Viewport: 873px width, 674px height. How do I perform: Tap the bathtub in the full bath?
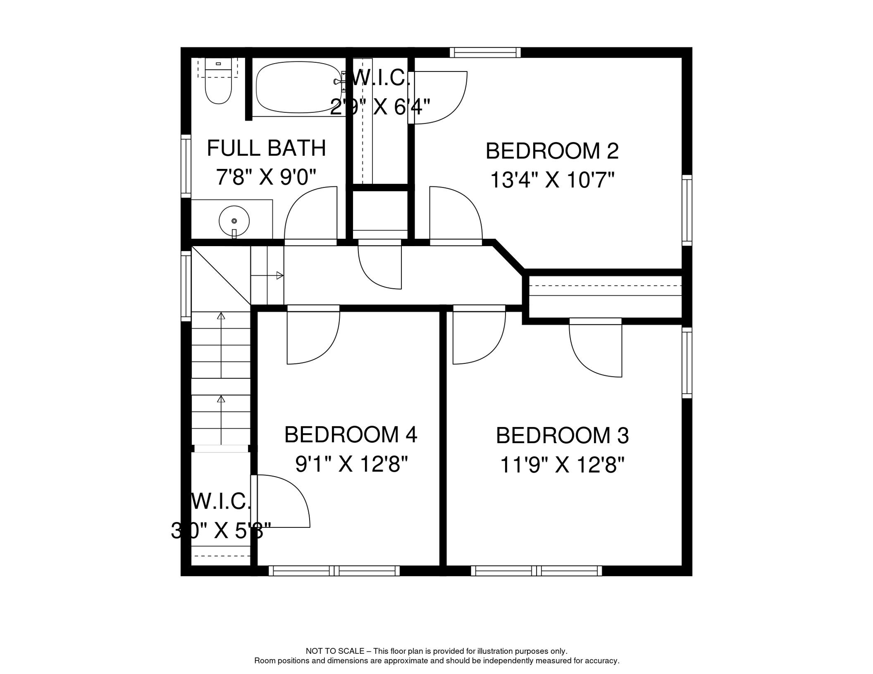[298, 87]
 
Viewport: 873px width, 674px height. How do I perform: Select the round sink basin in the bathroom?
[234, 221]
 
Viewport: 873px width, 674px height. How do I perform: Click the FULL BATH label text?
[266, 148]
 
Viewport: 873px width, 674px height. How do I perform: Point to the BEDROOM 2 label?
[552, 151]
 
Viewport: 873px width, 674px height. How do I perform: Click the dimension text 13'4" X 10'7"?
[552, 180]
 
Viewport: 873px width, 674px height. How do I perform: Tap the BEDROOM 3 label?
[562, 436]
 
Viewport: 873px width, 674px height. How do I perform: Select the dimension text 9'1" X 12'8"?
[351, 464]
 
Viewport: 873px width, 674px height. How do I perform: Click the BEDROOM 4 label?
[350, 435]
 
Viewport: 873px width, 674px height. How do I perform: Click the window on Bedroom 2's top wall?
[485, 53]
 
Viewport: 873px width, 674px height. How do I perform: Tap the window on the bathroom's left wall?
[186, 166]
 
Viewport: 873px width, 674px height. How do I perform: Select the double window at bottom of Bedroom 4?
[334, 571]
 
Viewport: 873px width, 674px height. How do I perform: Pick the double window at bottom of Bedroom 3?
[536, 571]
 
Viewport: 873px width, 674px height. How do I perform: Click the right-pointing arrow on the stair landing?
[279, 276]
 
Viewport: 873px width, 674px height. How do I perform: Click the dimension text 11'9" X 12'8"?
[562, 465]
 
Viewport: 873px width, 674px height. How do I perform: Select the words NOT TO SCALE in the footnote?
[335, 651]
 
